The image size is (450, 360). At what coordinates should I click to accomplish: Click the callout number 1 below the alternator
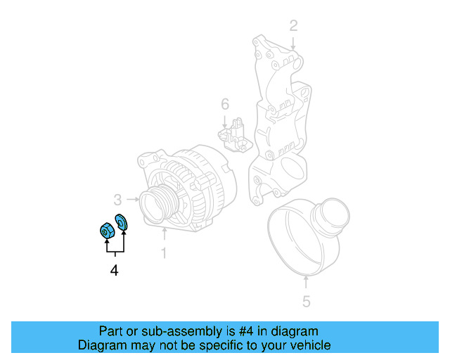(164, 252)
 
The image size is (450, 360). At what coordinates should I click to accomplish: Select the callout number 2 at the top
(294, 26)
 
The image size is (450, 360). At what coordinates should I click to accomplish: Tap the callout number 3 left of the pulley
(118, 199)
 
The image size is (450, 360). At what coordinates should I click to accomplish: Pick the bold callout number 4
(114, 270)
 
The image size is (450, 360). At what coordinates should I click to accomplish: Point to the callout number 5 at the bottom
(306, 302)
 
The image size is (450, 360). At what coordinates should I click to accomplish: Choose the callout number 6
(225, 105)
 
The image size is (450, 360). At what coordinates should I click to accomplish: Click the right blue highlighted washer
(120, 221)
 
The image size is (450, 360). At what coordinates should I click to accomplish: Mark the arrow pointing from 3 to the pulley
(132, 199)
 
